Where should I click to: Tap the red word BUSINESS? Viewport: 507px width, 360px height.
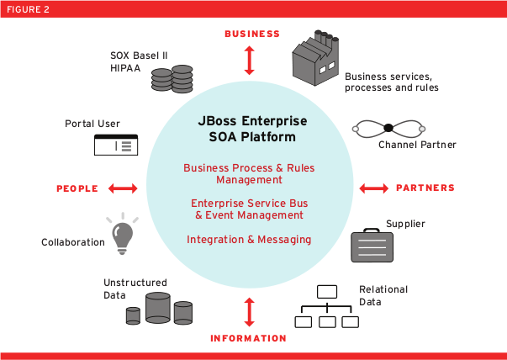[x=251, y=34]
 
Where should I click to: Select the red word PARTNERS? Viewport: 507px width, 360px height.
[x=425, y=188]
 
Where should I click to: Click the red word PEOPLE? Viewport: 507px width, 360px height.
[x=77, y=188]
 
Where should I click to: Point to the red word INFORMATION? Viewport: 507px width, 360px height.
[x=250, y=338]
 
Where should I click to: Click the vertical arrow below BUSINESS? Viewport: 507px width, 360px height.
[x=249, y=60]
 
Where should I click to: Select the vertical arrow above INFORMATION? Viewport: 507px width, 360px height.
[x=249, y=311]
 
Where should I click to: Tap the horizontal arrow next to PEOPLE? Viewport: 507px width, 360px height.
[x=123, y=188]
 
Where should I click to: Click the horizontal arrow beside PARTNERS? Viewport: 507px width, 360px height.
[x=373, y=188]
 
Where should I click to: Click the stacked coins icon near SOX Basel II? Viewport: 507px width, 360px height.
[x=172, y=80]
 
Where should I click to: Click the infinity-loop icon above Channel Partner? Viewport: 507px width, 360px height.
[x=388, y=128]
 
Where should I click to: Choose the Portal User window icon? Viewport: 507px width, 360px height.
[x=115, y=145]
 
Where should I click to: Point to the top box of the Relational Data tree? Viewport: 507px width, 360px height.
[x=326, y=292]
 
